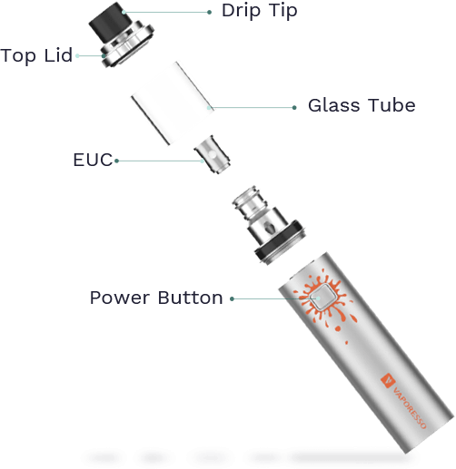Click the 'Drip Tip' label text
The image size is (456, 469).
point(260,12)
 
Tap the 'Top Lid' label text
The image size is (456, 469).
point(36,56)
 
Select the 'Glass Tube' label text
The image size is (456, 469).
point(362,105)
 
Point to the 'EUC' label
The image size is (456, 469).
point(93,160)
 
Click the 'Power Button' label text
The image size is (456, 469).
point(156,298)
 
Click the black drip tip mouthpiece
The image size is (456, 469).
point(111,22)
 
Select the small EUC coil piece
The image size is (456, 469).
point(213,154)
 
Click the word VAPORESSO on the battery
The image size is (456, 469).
point(410,407)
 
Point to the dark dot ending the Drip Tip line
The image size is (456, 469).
point(209,12)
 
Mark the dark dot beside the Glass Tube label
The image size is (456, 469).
point(294,108)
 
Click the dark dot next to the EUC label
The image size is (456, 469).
point(116,161)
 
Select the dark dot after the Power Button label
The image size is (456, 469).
point(232,298)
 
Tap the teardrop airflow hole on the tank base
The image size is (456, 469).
point(268,227)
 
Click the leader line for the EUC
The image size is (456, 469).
point(159,161)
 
